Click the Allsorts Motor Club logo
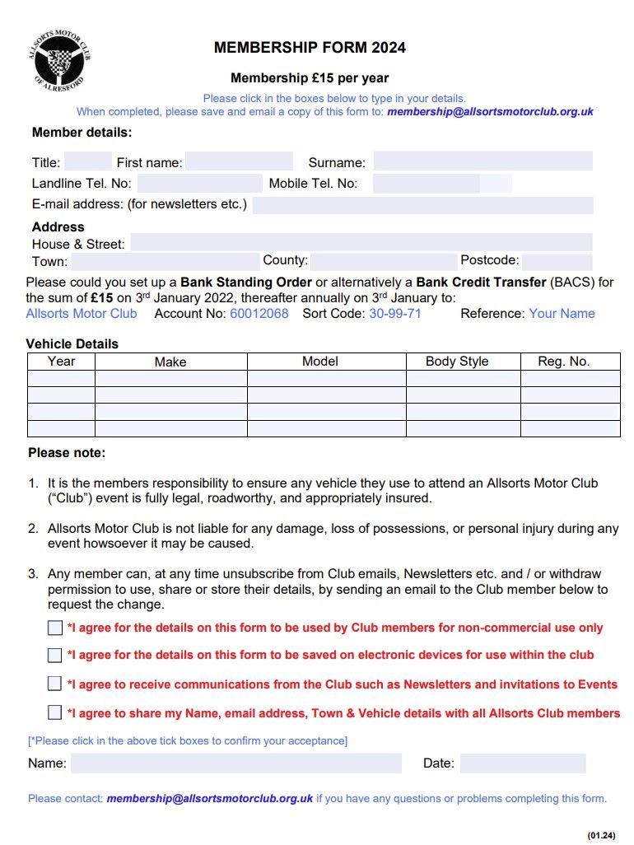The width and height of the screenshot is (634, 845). pos(60,59)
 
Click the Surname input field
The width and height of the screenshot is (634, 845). pos(482,161)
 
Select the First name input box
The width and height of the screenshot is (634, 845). pos(239,161)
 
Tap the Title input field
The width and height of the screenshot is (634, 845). pos(87,161)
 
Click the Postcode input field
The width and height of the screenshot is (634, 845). pos(557,261)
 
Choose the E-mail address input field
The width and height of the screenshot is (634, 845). pos(422,205)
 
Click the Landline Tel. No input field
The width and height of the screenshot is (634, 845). pos(199,184)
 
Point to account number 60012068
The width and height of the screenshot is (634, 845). pos(259,314)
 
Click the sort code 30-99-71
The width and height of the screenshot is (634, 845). pos(395,314)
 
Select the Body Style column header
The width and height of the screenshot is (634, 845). pos(457,362)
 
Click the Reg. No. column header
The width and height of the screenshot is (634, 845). pos(564,362)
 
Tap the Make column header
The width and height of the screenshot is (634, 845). pos(170,362)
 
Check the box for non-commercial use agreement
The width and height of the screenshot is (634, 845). pos(55,628)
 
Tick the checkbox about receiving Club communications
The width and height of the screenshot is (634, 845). pos(55,684)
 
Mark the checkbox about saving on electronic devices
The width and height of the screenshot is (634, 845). pos(55,656)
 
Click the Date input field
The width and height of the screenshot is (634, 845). pos(523,763)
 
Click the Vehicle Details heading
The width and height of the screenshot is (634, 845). pos(72,344)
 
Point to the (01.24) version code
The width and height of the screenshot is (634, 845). pos(601,836)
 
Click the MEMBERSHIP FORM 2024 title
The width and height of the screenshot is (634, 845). pos(310,48)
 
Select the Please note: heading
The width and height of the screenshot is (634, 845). pos(67,453)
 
